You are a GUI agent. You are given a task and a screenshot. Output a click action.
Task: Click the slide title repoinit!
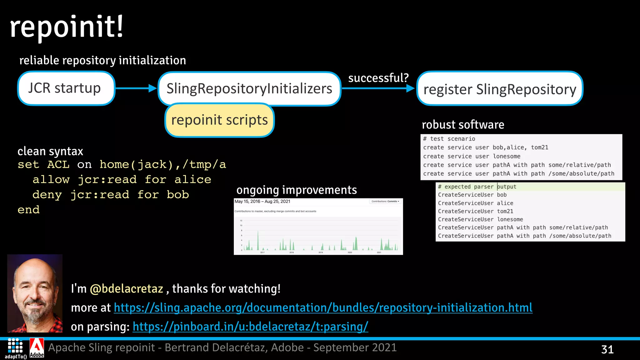tap(67, 27)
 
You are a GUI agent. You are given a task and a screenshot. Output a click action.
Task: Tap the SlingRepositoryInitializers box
tap(249, 88)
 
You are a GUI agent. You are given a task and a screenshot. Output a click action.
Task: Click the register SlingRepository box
tap(499, 89)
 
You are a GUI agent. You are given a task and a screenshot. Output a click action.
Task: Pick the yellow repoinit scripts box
tap(219, 120)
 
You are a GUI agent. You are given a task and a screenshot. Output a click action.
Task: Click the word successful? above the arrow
tap(378, 78)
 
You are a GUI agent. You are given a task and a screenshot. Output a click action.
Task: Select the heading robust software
tap(463, 125)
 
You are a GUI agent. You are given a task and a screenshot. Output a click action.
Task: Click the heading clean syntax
tap(50, 151)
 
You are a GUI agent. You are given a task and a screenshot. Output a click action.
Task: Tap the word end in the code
tap(28, 210)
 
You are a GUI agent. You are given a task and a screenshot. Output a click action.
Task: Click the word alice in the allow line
tap(192, 180)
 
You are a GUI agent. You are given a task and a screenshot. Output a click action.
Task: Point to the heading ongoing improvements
tap(296, 190)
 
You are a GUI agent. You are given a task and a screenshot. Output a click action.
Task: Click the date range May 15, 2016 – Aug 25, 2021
tap(262, 202)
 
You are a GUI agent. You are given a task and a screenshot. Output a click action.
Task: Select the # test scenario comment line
tap(449, 139)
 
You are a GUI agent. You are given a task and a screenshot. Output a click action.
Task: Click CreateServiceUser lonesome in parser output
tap(480, 219)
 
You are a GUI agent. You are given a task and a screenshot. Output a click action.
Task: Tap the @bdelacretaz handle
tap(126, 289)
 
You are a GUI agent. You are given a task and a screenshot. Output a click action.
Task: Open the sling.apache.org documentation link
tap(323, 308)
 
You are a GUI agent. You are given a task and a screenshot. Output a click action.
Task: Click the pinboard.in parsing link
tap(250, 327)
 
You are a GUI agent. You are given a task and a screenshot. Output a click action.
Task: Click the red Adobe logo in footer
tap(37, 347)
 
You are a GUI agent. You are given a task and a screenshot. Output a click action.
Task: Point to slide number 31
tap(607, 349)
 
